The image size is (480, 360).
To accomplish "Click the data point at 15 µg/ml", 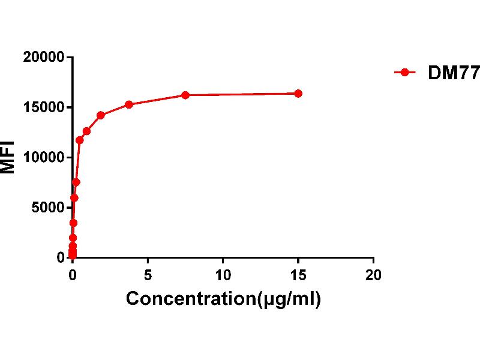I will coord(298,94).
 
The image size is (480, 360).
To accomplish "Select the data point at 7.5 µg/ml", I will coord(185,95).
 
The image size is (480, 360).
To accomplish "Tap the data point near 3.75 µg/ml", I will coord(129,104).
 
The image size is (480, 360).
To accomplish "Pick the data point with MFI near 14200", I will coord(101,115).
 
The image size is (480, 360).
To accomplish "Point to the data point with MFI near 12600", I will coord(86,131).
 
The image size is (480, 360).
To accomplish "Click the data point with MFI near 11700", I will coord(80,140).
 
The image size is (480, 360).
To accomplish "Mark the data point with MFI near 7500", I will coord(76,182).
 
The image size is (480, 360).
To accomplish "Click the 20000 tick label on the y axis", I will coord(44,58).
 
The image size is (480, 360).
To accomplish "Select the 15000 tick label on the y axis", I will coord(44,107).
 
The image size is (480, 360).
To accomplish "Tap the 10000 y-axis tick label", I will coord(44,157).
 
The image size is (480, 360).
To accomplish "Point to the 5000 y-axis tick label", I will coord(48,208).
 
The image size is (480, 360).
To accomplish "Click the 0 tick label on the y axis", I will coord(61,257).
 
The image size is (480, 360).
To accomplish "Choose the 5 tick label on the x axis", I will coord(148,275).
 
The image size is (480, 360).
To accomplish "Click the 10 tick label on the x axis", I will coord(223,275).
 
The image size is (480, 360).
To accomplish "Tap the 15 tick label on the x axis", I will coord(298,275).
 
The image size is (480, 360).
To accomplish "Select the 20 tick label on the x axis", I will coord(373,275).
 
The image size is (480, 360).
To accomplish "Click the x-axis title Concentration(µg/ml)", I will coord(223,299).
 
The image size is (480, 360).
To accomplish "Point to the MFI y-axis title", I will coord(8,157).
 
